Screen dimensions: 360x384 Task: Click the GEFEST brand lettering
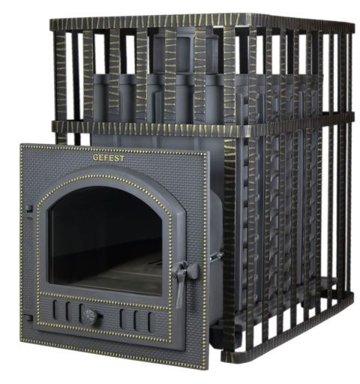click(x=109, y=157)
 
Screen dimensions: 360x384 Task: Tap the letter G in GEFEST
click(x=96, y=157)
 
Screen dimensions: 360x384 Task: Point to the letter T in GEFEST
click(x=121, y=158)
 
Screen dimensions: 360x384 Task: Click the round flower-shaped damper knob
click(x=90, y=316)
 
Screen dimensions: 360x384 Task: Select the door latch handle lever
click(x=182, y=280)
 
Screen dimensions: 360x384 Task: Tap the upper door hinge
click(x=28, y=208)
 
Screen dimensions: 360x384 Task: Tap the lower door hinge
click(x=28, y=318)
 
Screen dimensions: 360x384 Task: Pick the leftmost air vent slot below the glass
click(x=55, y=310)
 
